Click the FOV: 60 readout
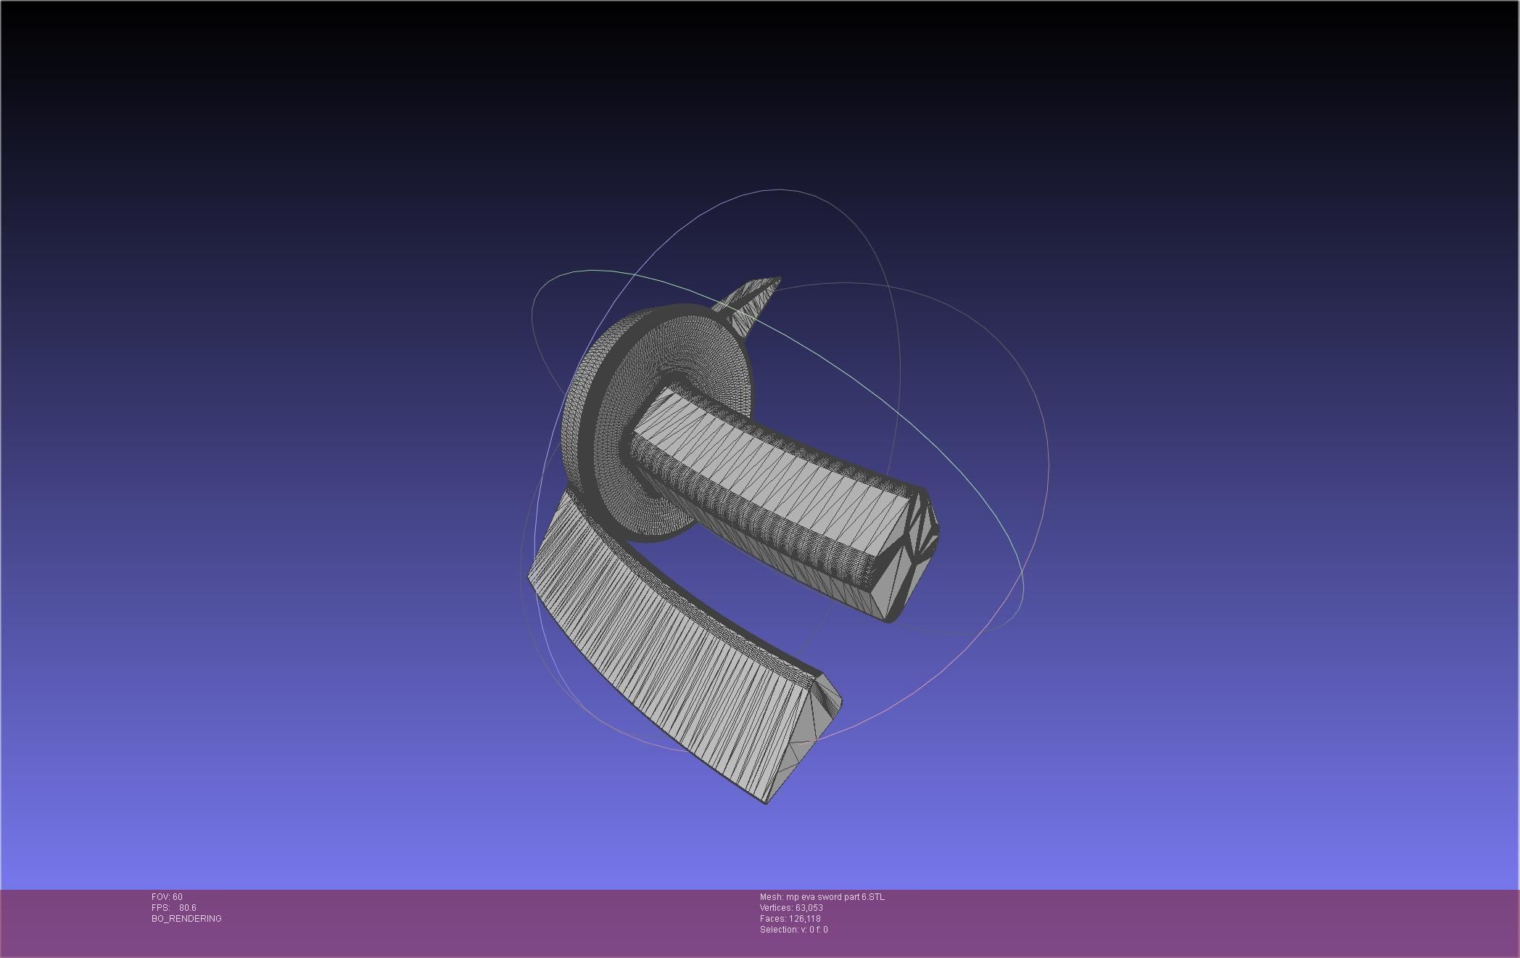[x=167, y=897]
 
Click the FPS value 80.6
[x=187, y=908]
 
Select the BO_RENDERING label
[x=186, y=919]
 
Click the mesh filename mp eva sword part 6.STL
[x=822, y=897]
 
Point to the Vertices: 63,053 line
[x=790, y=908]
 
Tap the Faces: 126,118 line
[x=790, y=919]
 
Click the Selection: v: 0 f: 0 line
[x=793, y=930]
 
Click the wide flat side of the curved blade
[x=653, y=653]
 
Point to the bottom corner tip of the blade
[x=767, y=803]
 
